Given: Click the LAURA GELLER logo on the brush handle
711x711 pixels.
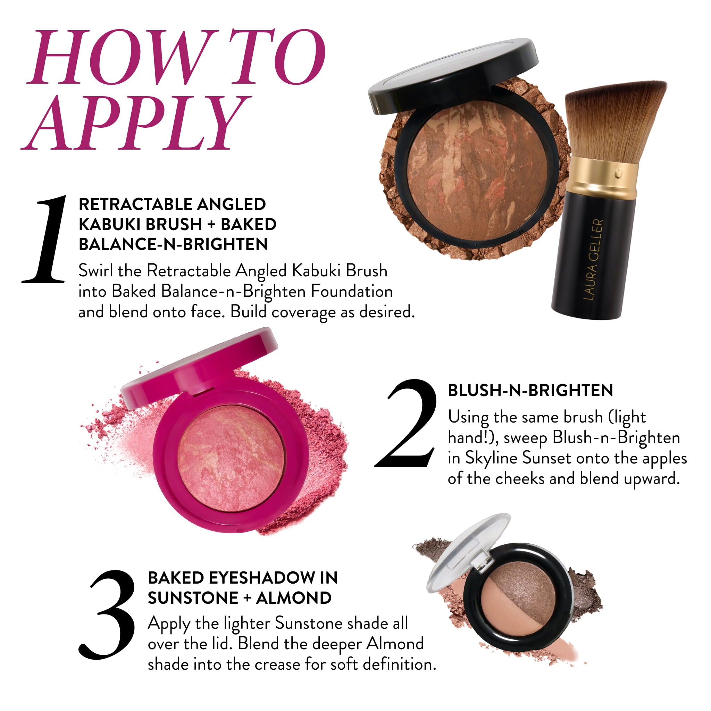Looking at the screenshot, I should click(x=593, y=260).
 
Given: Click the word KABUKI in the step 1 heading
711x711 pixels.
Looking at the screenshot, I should click(x=110, y=225).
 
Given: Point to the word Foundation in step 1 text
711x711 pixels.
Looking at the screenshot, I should click(x=352, y=292).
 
